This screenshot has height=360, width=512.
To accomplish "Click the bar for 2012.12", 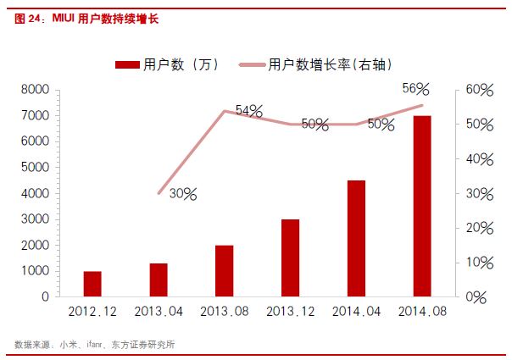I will pyautogui.click(x=92, y=285).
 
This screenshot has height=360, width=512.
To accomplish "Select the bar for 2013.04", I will pyautogui.click(x=159, y=280).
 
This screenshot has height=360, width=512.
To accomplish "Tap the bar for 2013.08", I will pyautogui.click(x=224, y=271).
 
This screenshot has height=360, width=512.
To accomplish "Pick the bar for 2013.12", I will pyautogui.click(x=290, y=258).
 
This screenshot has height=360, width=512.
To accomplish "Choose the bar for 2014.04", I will pyautogui.click(x=356, y=239).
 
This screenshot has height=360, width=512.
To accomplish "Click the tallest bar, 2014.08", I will pyautogui.click(x=422, y=207).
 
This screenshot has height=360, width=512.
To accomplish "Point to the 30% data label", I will pyautogui.click(x=182, y=194).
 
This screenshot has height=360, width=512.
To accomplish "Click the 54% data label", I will pyautogui.click(x=248, y=111).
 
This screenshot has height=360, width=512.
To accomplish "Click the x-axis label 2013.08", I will pyautogui.click(x=224, y=312).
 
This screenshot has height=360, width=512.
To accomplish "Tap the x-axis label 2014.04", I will pyautogui.click(x=356, y=312).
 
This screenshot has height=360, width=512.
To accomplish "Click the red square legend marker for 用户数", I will pyautogui.click(x=126, y=64).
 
